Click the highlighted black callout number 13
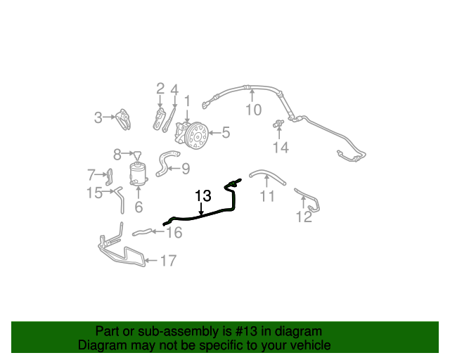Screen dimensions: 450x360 tap(203, 195)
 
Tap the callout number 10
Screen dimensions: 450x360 tap(254, 110)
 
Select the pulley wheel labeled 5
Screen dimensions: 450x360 tap(197, 136)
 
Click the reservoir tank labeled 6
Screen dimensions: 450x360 tap(138, 174)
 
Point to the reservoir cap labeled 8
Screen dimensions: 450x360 tap(138, 155)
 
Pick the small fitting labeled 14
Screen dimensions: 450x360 tap(278, 124)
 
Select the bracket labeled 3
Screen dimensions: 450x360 tap(124, 119)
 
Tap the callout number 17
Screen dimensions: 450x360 tap(168, 261)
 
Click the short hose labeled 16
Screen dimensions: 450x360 tap(142, 232)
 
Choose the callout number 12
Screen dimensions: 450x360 tap(304, 217)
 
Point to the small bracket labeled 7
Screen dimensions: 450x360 tap(110, 177)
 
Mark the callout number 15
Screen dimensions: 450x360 tap(95, 193)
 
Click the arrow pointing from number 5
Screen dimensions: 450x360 tap(214, 133)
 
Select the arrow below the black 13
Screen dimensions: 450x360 tap(202, 209)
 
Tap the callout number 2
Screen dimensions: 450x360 tap(160, 89)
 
